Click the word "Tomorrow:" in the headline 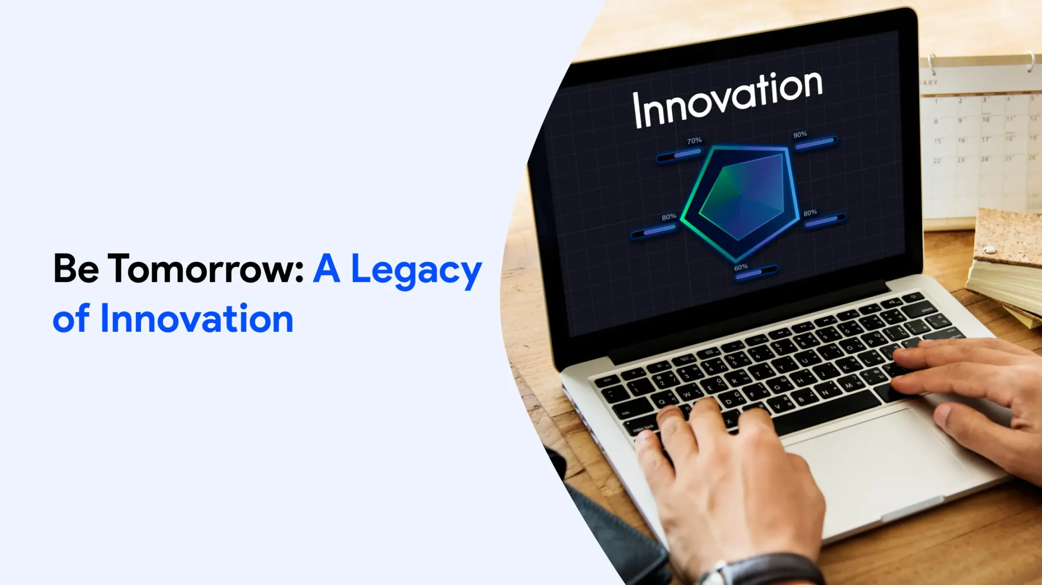tap(206, 269)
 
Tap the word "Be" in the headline tap(76, 269)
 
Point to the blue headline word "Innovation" tap(196, 319)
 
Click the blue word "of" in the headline tap(71, 319)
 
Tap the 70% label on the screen tap(694, 141)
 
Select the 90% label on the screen tap(800, 134)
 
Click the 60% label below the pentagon tap(741, 267)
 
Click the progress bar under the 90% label tap(815, 143)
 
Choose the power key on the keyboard tap(913, 297)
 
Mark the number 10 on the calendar tap(986, 119)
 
